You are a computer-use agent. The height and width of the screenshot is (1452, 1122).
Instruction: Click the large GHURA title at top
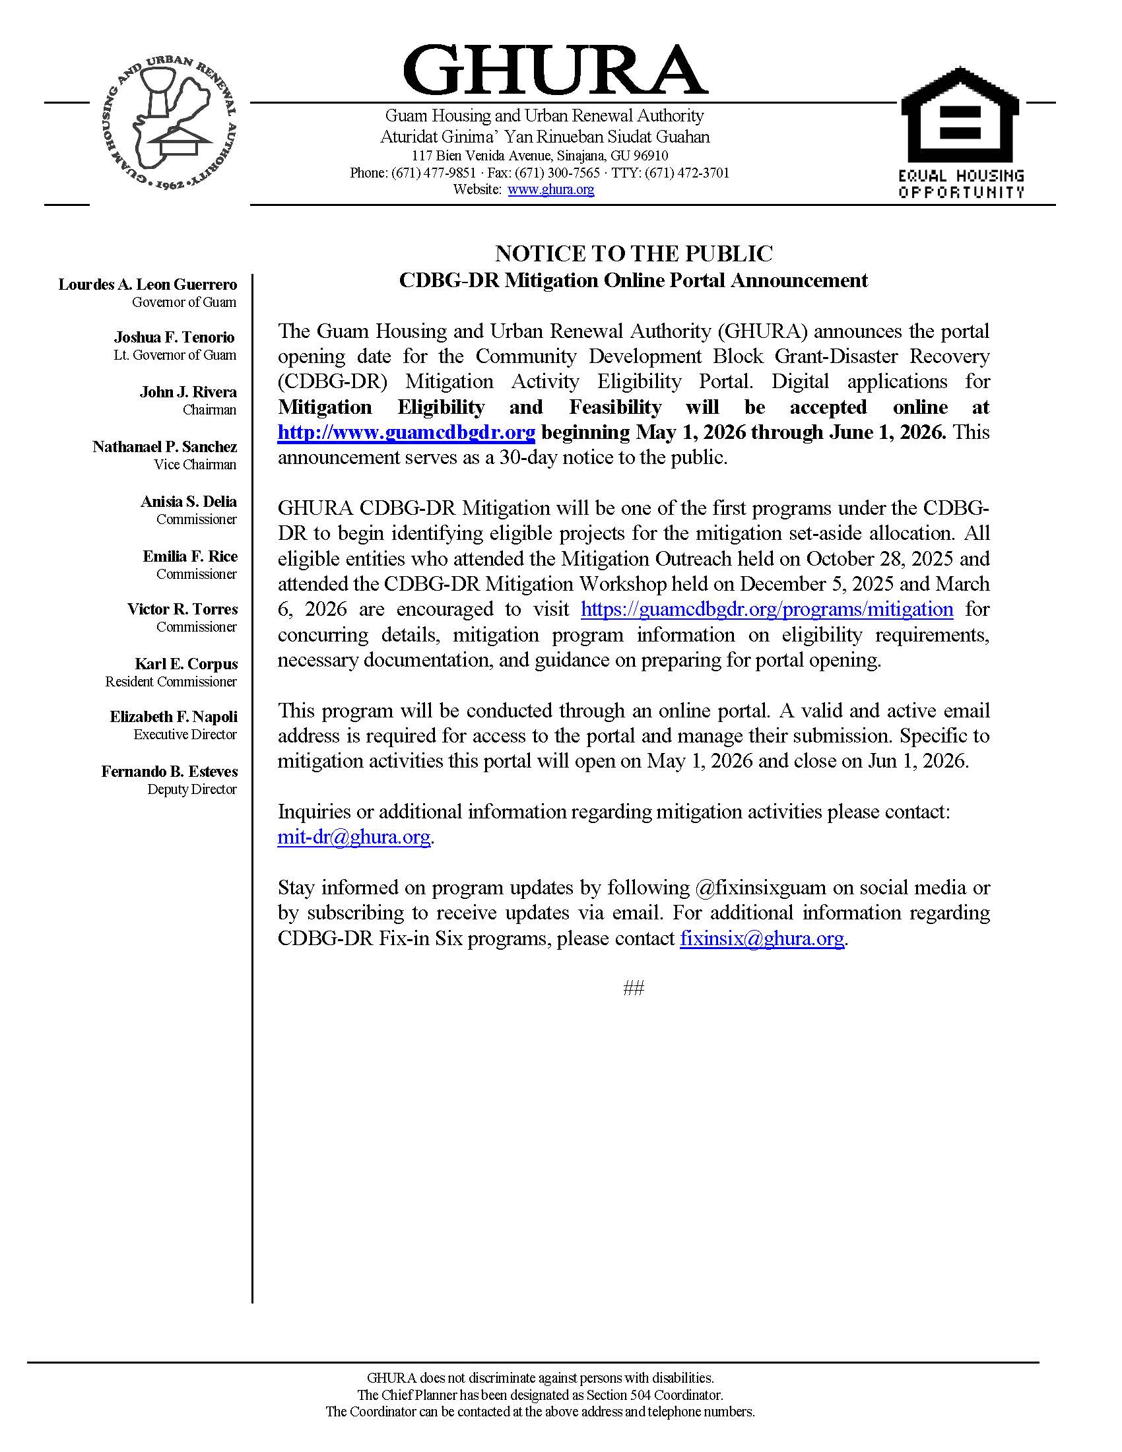[x=555, y=71]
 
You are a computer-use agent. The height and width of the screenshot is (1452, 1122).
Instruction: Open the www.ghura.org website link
[x=550, y=189]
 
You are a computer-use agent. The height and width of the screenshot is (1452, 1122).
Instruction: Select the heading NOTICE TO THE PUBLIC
[x=634, y=253]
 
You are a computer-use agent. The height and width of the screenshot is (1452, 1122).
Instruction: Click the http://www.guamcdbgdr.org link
[x=406, y=432]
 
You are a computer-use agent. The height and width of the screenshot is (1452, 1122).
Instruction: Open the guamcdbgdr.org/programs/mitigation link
[x=767, y=609]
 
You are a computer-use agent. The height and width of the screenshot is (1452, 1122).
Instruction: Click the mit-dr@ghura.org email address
[x=354, y=836]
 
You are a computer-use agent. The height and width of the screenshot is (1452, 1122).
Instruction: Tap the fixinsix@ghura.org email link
[x=762, y=938]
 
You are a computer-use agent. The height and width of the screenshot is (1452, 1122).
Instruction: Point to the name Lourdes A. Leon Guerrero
[x=148, y=284]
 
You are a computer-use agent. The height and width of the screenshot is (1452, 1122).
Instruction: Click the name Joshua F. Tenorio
[x=174, y=337]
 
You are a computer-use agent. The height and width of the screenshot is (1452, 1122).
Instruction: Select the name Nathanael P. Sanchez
[x=165, y=447]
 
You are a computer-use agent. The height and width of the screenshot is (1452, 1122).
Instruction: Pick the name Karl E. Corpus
[x=186, y=664]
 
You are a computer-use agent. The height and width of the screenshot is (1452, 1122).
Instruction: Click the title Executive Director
[x=185, y=735]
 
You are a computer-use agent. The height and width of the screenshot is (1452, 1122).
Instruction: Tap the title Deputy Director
[x=191, y=789]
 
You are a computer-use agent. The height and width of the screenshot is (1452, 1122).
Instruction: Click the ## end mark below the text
[x=634, y=989]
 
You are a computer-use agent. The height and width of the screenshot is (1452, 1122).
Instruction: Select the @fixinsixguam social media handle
[x=760, y=888]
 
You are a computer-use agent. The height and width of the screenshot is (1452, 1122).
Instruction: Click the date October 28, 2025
[x=829, y=558]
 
